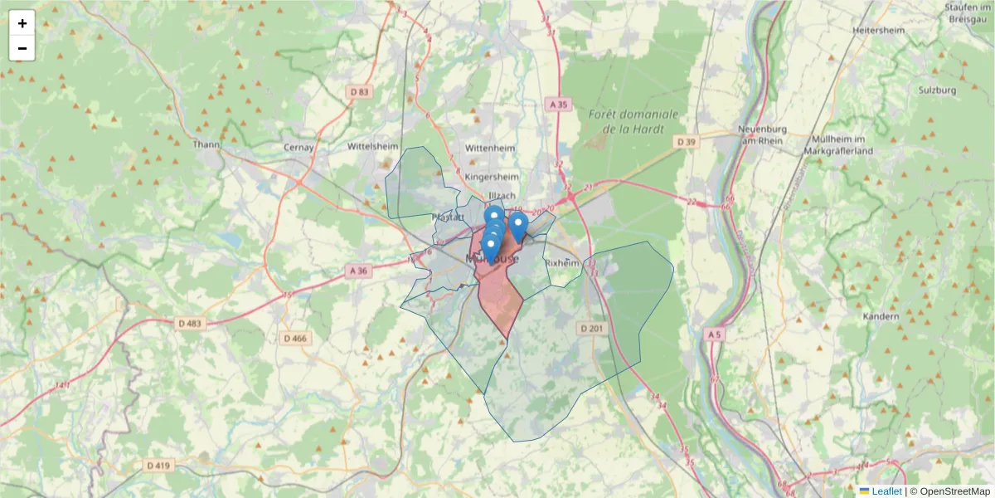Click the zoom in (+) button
(x=22, y=23)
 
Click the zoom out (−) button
(x=22, y=49)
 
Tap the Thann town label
(x=206, y=144)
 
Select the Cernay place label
(x=299, y=147)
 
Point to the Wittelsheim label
(x=373, y=144)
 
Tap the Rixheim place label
(x=561, y=262)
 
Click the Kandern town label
(x=881, y=317)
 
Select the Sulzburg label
(x=938, y=90)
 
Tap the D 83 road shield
(x=360, y=91)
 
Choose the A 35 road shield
(x=560, y=104)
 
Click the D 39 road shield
(x=687, y=142)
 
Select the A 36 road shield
(x=358, y=271)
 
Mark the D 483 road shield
(x=189, y=323)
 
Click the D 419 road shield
(x=158, y=466)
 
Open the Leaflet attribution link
(x=886, y=491)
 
